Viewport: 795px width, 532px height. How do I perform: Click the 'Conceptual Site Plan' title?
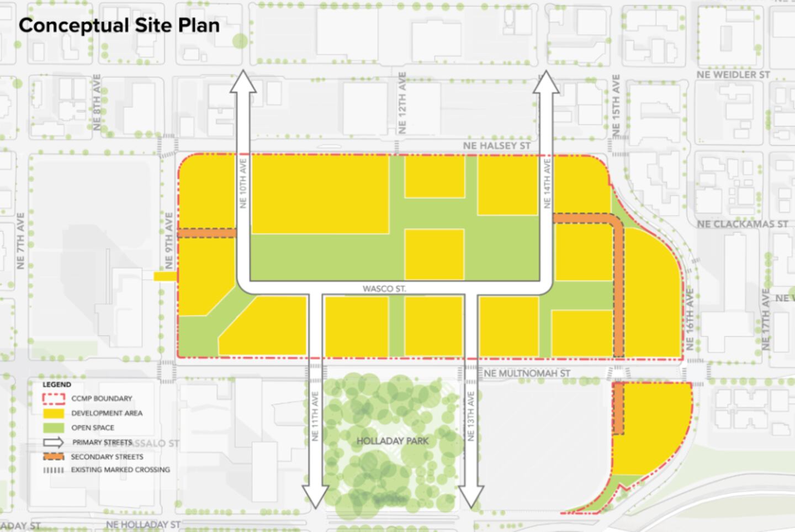[x=119, y=25]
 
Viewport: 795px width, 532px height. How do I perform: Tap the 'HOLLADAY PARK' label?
[x=393, y=441]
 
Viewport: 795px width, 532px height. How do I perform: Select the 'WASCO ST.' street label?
[x=384, y=288]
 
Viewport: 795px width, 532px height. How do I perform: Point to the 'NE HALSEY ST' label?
[x=497, y=146]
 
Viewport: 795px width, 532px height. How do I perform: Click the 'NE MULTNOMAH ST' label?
[x=527, y=373]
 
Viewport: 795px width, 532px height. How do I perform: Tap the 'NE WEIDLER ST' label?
[x=733, y=75]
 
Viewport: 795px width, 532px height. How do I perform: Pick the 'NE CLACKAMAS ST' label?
[x=743, y=224]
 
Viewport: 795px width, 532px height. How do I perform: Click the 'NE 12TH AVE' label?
[x=402, y=103]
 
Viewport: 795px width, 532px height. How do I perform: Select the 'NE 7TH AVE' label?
[x=20, y=241]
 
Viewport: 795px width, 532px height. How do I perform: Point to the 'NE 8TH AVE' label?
[x=97, y=102]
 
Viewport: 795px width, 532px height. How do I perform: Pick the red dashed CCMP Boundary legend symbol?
[x=54, y=398]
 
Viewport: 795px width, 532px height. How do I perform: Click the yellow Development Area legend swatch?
[x=54, y=413]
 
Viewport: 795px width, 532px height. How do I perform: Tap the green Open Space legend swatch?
[x=54, y=428]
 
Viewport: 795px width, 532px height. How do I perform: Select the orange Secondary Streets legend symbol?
[x=54, y=457]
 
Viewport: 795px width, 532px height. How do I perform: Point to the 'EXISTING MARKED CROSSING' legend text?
[x=120, y=470]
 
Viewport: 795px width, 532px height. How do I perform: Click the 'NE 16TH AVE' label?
[x=690, y=319]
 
